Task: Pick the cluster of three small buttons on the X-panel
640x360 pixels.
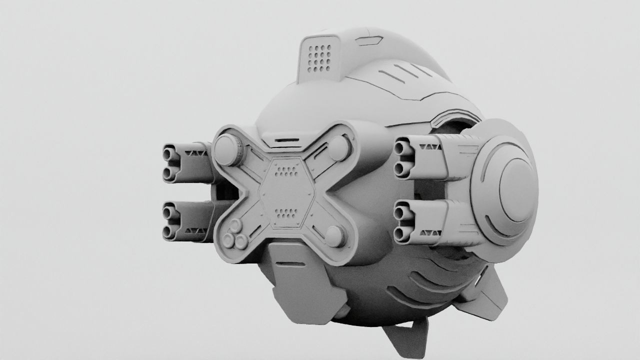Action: click(x=235, y=240)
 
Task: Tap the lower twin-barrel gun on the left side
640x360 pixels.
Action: click(x=187, y=220)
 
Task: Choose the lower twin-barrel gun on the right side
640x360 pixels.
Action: click(x=430, y=221)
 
